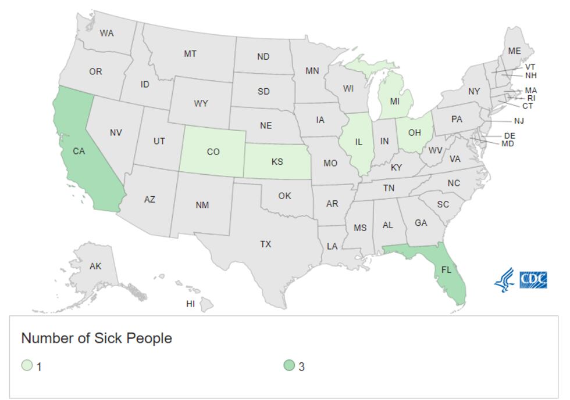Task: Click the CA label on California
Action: [x=79, y=151]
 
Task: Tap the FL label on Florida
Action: [x=446, y=270]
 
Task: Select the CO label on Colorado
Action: [x=213, y=152]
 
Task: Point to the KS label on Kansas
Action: [x=277, y=161]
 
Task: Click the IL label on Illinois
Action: [x=359, y=141]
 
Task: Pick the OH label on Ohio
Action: [x=414, y=132]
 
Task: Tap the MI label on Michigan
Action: [x=394, y=101]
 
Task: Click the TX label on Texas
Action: [x=265, y=244]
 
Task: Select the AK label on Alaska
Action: [x=95, y=266]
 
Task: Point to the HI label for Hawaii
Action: [x=190, y=304]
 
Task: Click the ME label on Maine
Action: [x=514, y=51]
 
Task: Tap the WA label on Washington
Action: [x=106, y=33]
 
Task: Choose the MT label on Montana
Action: [x=190, y=54]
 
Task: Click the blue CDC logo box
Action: [x=533, y=279]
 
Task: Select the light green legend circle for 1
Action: [x=27, y=366]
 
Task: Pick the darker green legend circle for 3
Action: [x=289, y=366]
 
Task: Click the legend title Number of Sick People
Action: [x=97, y=338]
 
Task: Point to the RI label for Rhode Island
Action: [x=531, y=98]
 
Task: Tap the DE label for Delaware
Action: [x=510, y=135]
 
